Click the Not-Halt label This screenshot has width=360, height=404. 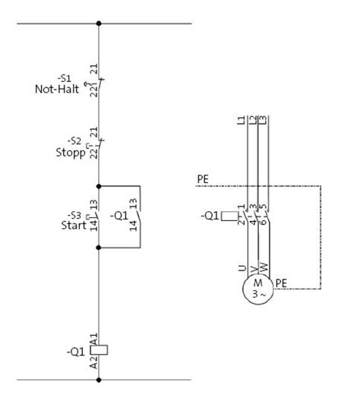tap(57, 89)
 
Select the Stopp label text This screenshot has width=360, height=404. tap(71, 153)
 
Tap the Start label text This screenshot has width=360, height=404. tap(74, 226)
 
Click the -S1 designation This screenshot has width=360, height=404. tap(64, 78)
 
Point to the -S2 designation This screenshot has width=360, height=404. tap(74, 141)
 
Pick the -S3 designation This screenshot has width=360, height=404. tap(74, 215)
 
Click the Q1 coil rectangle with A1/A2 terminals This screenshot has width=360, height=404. tap(99, 350)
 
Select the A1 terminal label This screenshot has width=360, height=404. tap(94, 339)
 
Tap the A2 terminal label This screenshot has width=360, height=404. tap(94, 362)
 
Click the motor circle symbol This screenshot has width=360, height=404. tap(257, 289)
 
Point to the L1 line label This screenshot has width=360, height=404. tap(241, 120)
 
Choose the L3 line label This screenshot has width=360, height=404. tap(262, 120)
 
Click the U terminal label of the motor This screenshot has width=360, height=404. tap(242, 268)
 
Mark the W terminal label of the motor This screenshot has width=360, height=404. tap(264, 267)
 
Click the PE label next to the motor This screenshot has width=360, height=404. tap(281, 283)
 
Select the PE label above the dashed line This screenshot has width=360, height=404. tap(203, 179)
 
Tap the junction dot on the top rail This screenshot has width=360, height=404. tap(99, 24)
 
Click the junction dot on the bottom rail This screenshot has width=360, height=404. tap(99, 380)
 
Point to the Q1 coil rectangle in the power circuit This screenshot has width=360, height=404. tap(230, 216)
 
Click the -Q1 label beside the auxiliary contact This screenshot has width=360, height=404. tap(119, 216)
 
